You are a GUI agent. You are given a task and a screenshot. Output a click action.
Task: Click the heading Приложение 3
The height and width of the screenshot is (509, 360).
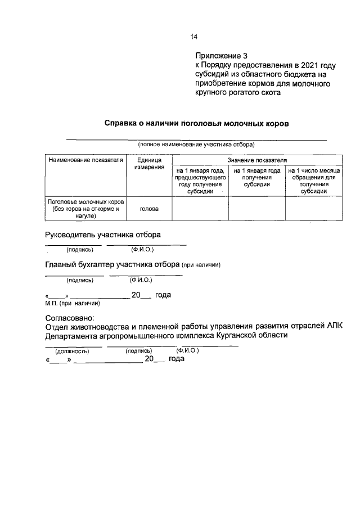coord(221,56)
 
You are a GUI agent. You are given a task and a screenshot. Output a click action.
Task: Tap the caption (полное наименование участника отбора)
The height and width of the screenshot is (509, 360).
coord(196,145)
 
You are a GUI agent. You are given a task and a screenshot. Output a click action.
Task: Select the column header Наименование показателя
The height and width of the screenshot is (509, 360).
coord(85,160)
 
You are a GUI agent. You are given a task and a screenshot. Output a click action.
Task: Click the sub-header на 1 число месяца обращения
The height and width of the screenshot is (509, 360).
coord(313,181)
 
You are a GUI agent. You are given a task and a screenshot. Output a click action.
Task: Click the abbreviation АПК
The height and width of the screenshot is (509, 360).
coord(334,327)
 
